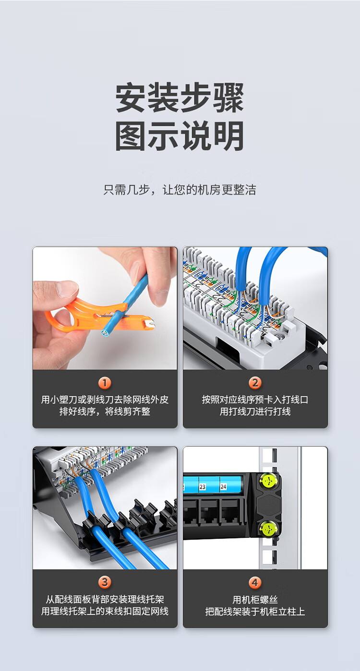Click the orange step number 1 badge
point(105,382)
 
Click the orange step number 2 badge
point(255,382)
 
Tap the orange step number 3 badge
point(105,582)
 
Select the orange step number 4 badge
point(255,582)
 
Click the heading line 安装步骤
point(180,98)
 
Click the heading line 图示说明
point(180,136)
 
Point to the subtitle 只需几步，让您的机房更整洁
point(180,190)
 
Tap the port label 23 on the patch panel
point(203,487)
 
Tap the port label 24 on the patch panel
point(223,487)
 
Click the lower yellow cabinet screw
point(268,528)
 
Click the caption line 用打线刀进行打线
point(255,412)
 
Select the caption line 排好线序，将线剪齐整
point(105,412)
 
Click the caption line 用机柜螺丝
point(255,600)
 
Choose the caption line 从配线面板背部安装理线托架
point(105,600)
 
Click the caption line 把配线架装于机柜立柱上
point(255,611)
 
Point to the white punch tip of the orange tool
point(148,324)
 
